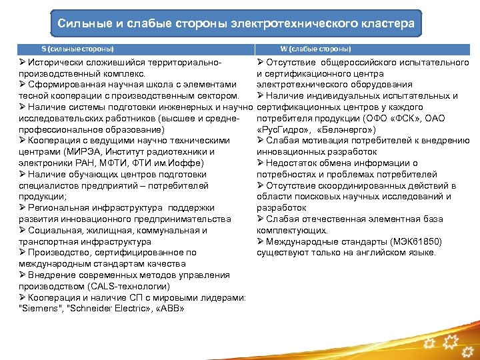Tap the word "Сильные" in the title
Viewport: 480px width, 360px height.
[x=81, y=23]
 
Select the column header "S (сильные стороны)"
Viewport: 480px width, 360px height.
[x=77, y=49]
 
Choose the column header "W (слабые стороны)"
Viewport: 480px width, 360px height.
[x=315, y=49]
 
